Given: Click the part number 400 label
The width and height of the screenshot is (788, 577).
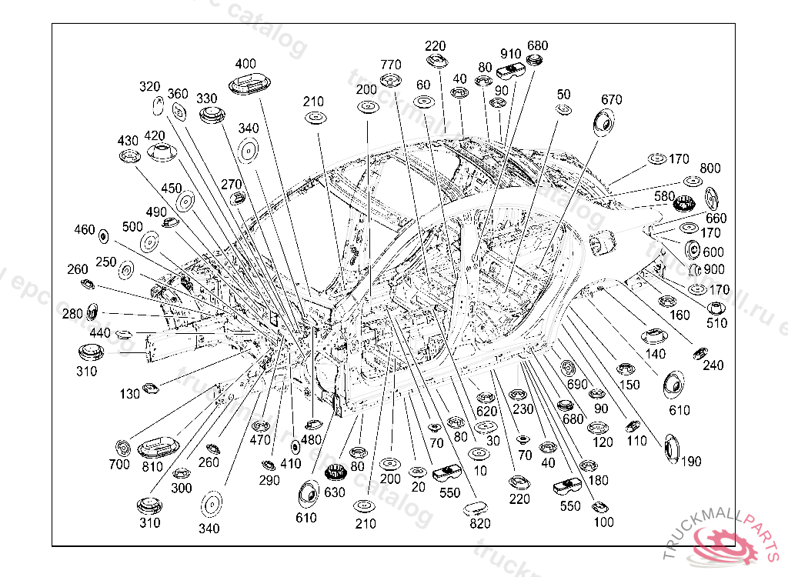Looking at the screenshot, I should [x=245, y=63].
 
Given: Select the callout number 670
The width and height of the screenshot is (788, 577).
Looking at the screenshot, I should [x=612, y=99].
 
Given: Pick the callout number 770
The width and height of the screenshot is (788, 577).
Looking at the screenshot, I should [x=391, y=63].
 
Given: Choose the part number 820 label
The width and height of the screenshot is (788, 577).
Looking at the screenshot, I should [x=479, y=524].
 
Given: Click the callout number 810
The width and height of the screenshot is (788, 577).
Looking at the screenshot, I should [x=152, y=466].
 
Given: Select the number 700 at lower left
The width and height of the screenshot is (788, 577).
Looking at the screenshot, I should [x=119, y=464].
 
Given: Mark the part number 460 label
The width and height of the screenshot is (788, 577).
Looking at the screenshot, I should [x=85, y=229].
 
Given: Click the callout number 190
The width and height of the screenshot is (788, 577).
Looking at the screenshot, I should [x=691, y=462].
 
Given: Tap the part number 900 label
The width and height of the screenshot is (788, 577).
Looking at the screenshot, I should [x=714, y=269].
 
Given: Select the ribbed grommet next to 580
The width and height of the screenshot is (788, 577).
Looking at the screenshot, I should [x=684, y=205].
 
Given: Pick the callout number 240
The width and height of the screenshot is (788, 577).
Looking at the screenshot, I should [x=713, y=365].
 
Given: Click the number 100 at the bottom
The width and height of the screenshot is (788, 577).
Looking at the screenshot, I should [x=604, y=522].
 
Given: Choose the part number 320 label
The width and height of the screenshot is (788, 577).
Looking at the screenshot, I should [x=150, y=86].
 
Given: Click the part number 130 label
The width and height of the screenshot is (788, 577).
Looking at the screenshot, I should [x=130, y=394].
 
